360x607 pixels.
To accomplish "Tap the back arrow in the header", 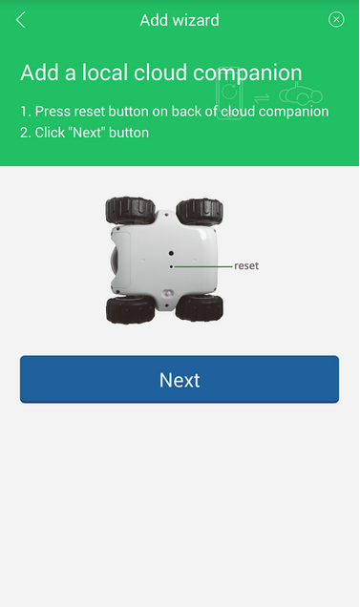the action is coord(21,19).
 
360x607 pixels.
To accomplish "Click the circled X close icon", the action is coord(336,19).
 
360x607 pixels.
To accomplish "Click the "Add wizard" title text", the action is coord(180,20).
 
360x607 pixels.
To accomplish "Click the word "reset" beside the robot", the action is coord(246,266).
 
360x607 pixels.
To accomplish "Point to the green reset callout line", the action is coord(203,266).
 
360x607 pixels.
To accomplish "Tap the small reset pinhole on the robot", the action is coord(171,266).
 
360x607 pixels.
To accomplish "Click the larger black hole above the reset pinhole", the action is coord(171,253).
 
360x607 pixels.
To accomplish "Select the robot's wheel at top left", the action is coord(130,210).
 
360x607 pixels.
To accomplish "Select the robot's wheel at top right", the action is coord(200,211).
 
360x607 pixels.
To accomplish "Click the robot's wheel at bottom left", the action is coord(130,309).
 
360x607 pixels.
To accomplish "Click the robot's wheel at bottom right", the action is coord(200,307).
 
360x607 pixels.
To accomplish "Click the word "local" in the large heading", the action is coord(105,73).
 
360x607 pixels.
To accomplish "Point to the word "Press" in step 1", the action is coord(53,112).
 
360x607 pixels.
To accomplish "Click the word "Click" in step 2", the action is coord(50,133).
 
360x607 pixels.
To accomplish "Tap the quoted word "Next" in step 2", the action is coord(87,133).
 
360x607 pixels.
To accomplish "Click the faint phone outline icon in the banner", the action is coord(230,94).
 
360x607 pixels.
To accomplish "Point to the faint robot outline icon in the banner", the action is coord(301,94).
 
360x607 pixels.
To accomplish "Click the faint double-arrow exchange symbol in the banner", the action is coord(262,97).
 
